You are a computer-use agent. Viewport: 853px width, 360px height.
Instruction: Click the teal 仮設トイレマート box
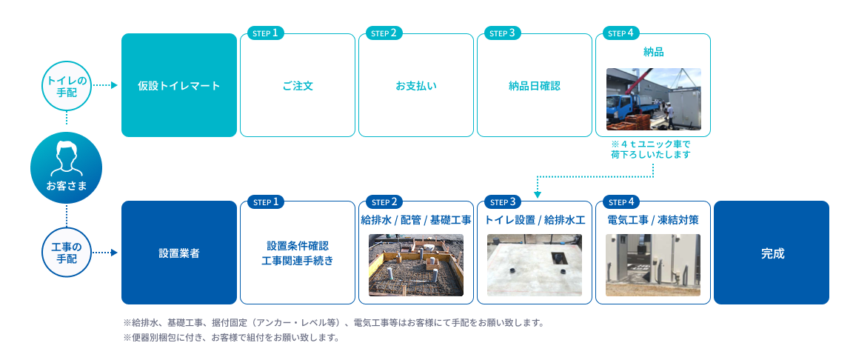coord(179,85)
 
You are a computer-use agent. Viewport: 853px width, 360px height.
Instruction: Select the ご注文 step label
coord(298,86)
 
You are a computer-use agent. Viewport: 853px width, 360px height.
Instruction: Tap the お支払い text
coord(416,86)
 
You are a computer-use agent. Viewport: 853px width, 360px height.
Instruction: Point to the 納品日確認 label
coord(534,86)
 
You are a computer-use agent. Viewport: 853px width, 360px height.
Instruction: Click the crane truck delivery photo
coord(653,99)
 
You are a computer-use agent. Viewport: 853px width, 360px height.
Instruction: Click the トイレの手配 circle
coord(67,86)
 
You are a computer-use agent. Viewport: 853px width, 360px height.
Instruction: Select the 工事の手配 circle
coord(67,253)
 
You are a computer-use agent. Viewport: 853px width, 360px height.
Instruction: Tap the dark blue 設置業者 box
coord(179,253)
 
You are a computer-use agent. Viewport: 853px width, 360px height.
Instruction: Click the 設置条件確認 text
coord(298,246)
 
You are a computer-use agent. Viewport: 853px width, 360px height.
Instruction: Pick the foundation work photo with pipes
coord(416,265)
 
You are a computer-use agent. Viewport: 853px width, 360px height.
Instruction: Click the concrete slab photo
coord(534,265)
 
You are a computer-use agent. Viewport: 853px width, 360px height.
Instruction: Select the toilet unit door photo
coord(653,265)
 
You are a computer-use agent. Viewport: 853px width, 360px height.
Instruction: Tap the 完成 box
coord(772,253)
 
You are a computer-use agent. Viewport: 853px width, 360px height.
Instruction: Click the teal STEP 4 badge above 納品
coord(618,33)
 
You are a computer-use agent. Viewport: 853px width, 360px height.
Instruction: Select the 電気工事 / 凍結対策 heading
coord(653,220)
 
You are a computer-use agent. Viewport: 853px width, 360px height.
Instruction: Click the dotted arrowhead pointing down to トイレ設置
coord(537,195)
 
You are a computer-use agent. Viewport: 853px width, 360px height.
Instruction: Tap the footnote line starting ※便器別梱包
coord(232,338)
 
